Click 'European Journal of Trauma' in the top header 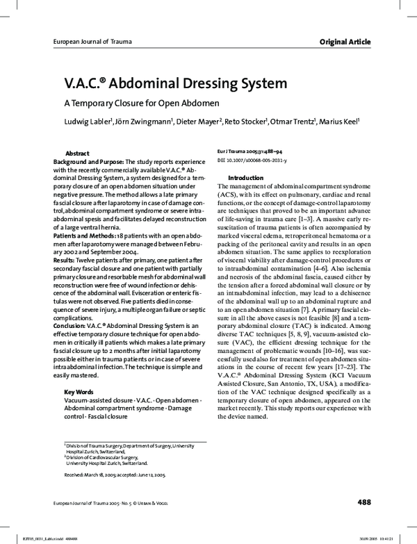tap(91, 42)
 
